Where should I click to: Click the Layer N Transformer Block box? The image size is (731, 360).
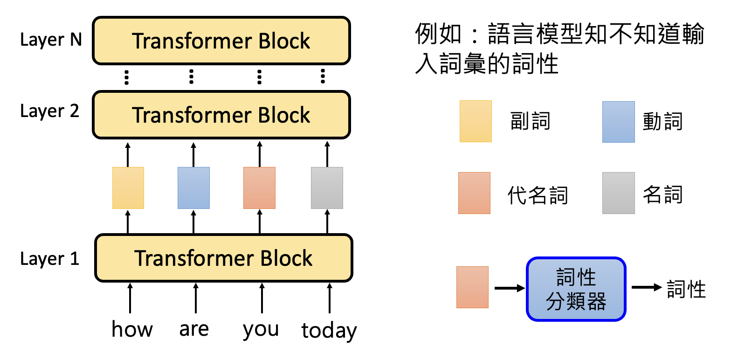(221, 41)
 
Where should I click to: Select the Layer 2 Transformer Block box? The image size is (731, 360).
(221, 115)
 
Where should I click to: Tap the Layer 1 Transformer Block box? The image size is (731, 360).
(223, 258)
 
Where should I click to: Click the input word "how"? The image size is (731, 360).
(132, 329)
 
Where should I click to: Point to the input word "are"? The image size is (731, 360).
(194, 329)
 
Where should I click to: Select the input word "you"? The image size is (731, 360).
(261, 330)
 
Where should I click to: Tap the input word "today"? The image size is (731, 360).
(329, 331)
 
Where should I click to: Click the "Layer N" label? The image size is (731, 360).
(51, 40)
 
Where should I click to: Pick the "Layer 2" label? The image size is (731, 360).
(50, 111)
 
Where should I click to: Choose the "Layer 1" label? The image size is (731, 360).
(50, 259)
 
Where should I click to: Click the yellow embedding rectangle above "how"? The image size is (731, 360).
(128, 188)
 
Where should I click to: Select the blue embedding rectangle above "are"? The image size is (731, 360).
(193, 188)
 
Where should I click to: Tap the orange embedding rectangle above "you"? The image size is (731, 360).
(259, 188)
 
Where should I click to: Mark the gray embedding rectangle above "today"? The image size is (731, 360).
(327, 188)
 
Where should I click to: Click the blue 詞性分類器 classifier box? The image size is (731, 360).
(576, 289)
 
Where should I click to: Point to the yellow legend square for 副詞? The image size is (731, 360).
(476, 121)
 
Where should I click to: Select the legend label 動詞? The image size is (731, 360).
(662, 122)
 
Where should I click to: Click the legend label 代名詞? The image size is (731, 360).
(538, 195)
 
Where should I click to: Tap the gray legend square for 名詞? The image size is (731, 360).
(618, 193)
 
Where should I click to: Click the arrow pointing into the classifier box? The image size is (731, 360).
(509, 289)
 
